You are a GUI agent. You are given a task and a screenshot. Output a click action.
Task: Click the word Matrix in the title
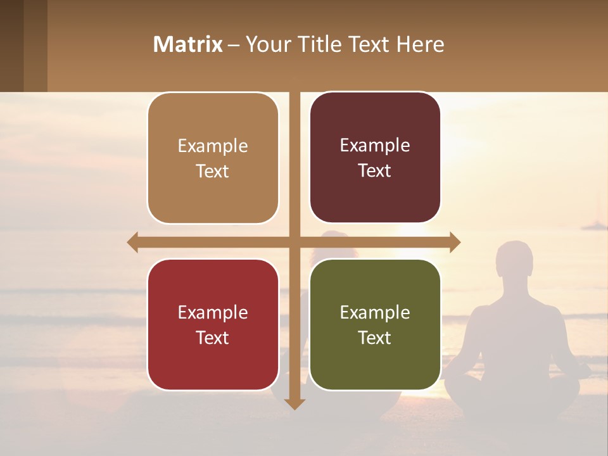[x=187, y=44]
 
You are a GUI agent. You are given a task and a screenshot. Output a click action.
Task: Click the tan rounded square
[x=213, y=158]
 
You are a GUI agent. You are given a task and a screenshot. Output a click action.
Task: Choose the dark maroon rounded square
[x=375, y=158]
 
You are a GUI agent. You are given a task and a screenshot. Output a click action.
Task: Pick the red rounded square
[x=213, y=324]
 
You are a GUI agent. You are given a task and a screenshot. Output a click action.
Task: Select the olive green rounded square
[x=375, y=324]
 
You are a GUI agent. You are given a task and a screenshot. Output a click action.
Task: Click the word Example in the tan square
[x=213, y=146]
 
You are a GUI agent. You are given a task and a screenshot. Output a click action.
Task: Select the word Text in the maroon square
[x=375, y=171]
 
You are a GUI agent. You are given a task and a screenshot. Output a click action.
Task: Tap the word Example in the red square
[x=213, y=312]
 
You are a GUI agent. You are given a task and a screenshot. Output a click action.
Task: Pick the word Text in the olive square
[x=375, y=338]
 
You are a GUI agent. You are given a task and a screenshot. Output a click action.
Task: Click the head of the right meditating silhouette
[x=514, y=260]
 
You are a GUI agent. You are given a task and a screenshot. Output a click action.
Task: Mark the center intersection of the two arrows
[x=294, y=242]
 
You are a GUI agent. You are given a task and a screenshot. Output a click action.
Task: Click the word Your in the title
[x=267, y=44]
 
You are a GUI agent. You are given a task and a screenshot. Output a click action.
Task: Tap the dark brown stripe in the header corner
[x=11, y=46]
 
